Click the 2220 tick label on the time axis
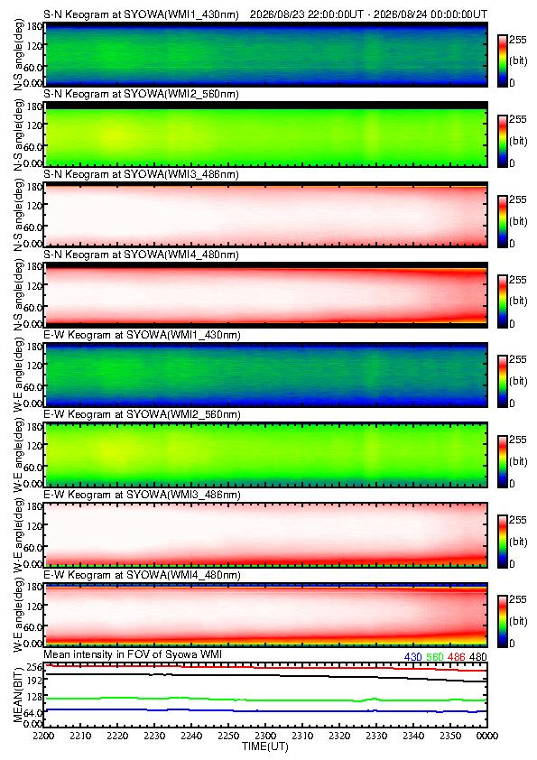[x=117, y=736]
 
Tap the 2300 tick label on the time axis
[x=265, y=736]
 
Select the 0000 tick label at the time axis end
[x=487, y=736]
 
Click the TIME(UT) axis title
[x=264, y=746]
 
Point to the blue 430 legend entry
[x=413, y=657]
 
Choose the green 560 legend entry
[x=435, y=657]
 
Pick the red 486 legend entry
[x=457, y=657]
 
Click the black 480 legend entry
[x=478, y=657]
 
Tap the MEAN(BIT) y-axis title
[x=17, y=695]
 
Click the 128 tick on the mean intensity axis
[x=33, y=697]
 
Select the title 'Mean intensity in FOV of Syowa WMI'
[x=133, y=654]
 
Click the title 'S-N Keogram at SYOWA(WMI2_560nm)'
[x=141, y=94]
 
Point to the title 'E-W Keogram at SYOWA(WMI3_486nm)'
[x=142, y=495]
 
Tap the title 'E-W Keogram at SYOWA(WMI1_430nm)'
[x=142, y=335]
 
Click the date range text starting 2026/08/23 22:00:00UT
[x=369, y=14]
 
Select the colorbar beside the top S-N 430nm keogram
[x=502, y=61]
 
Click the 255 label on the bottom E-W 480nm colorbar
[x=518, y=599]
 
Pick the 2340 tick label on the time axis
[x=413, y=736]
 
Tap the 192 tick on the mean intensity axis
[x=33, y=680]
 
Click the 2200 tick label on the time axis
[x=43, y=736]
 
